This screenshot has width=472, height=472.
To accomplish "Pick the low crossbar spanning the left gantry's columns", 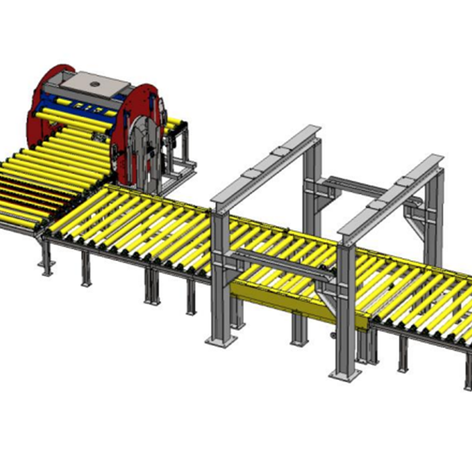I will tap(275, 260).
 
